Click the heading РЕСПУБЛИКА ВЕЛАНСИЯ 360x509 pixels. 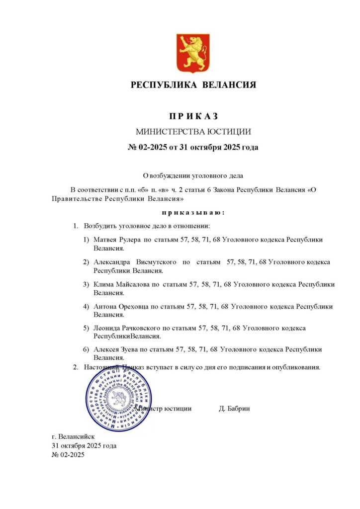(193, 85)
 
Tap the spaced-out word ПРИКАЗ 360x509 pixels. (193, 116)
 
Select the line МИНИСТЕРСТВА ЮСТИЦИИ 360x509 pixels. (193, 132)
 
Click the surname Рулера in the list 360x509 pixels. (130, 240)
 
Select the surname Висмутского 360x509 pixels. (157, 262)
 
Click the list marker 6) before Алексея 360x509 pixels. (87, 350)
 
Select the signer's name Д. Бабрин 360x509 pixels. (234, 409)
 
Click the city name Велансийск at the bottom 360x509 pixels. (73, 436)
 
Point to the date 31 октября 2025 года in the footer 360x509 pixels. (84, 445)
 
